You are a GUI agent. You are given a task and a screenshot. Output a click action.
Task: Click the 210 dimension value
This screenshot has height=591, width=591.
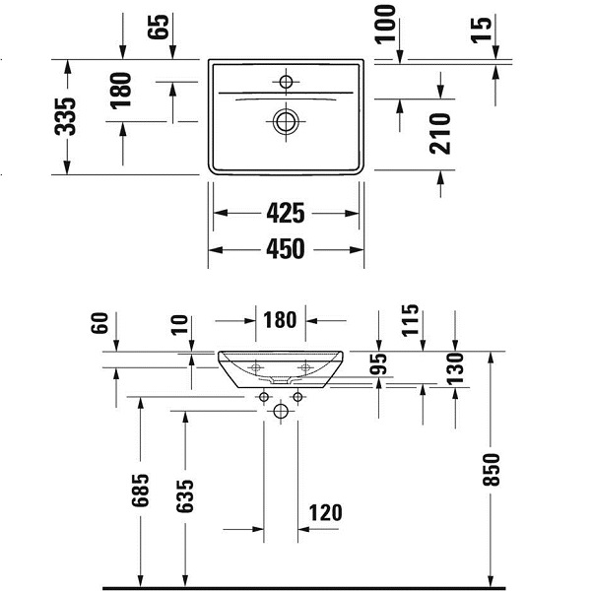440,133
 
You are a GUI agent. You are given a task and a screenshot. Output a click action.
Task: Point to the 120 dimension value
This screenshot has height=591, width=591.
327,512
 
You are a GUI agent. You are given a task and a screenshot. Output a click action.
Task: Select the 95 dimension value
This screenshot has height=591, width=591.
378,363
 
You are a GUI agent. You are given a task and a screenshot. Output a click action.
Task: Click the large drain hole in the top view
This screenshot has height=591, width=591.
286,121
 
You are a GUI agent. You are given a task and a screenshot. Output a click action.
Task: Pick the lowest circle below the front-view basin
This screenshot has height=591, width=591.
281,411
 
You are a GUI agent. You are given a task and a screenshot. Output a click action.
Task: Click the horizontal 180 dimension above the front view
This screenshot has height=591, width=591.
281,320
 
